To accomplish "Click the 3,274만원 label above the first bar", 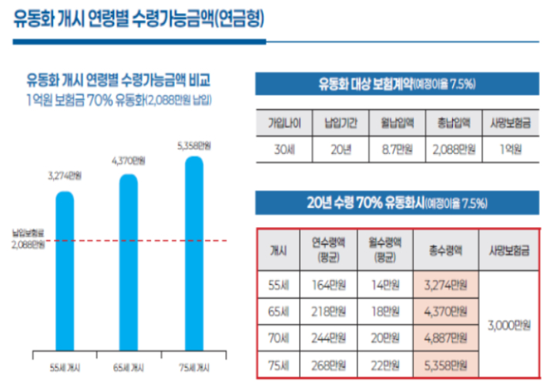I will [x=65, y=176].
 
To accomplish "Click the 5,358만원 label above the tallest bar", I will [x=194, y=145].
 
